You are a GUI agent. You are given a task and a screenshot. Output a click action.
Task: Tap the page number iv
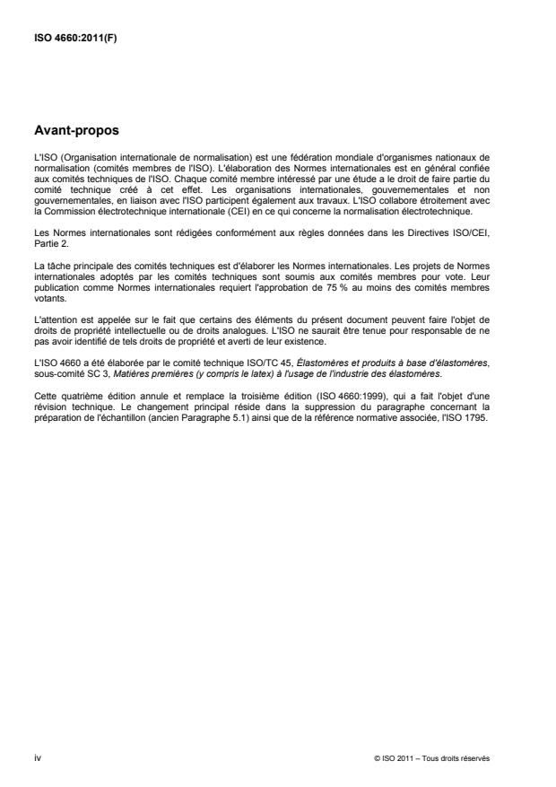tap(36, 758)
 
